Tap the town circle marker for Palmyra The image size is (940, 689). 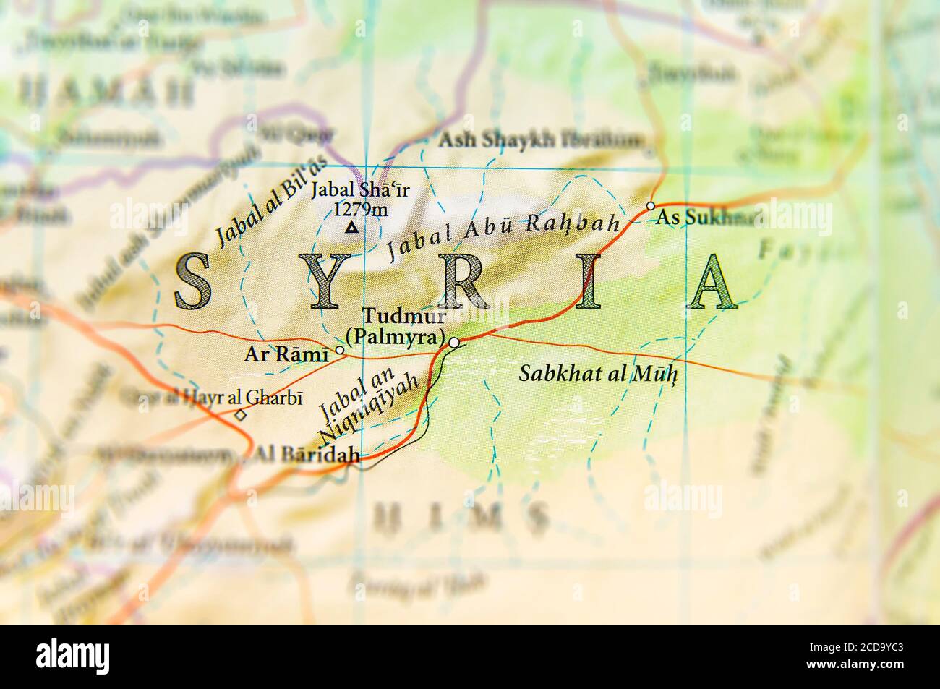(453, 342)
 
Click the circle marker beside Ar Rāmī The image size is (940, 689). (339, 350)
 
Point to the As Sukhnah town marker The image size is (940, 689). (650, 206)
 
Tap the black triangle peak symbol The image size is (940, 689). (351, 229)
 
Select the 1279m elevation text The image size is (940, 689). (359, 210)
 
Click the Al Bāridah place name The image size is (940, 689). (307, 455)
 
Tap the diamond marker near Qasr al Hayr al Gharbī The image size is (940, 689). (240, 415)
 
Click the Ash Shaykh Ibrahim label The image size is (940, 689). (540, 140)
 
